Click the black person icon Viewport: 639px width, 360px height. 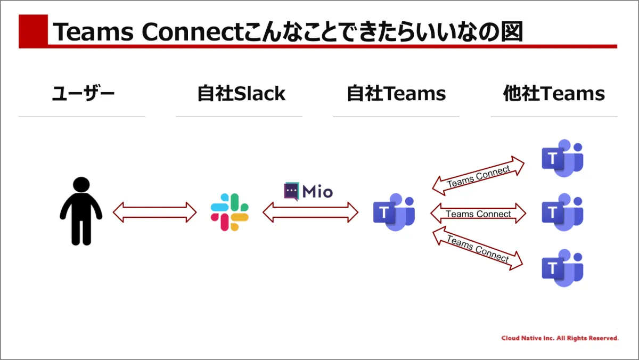pos(81,211)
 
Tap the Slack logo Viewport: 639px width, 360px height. pos(230,212)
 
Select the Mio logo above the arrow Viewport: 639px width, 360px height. pos(308,191)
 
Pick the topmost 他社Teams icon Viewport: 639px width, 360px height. pos(562,158)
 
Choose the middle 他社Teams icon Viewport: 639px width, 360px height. pos(562,212)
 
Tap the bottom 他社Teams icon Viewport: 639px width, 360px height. pos(562,268)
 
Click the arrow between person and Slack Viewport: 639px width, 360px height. pos(155,212)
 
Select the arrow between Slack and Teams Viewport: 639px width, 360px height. pos(310,212)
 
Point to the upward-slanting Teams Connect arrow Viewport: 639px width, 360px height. pos(478,176)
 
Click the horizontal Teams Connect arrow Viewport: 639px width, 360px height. pos(478,214)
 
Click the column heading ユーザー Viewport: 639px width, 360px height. pos(83,94)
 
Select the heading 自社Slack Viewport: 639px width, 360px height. pos(241,94)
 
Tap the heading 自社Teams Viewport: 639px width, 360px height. pos(396,94)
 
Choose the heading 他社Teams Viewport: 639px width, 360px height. pos(554,94)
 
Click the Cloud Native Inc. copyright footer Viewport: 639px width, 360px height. pos(560,338)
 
